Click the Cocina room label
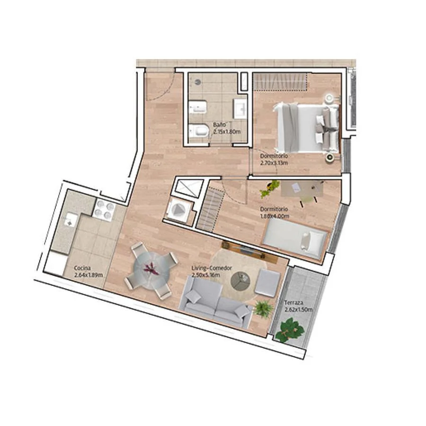(x=82, y=268)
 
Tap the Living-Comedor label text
(x=212, y=268)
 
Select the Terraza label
(x=293, y=302)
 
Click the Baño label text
(x=219, y=124)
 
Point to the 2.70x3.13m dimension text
(x=274, y=163)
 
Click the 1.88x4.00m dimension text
(x=275, y=216)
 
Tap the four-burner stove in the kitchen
(x=104, y=211)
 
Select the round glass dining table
(x=151, y=270)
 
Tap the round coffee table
(x=240, y=281)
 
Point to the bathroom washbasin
(x=240, y=108)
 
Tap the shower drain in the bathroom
(x=198, y=81)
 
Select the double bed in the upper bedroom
(x=306, y=128)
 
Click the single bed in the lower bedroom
(x=296, y=238)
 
